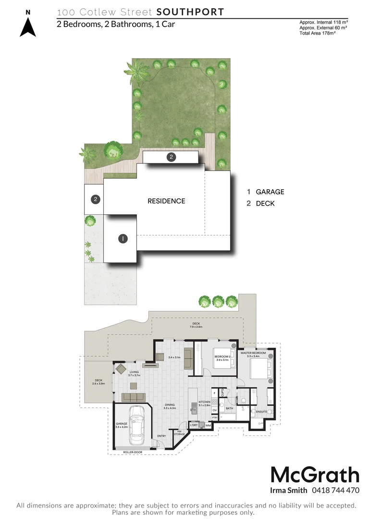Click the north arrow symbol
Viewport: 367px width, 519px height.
click(x=28, y=26)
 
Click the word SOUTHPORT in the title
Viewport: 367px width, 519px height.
click(x=191, y=12)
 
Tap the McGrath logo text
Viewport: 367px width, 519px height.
click(x=315, y=475)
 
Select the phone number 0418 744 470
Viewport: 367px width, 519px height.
click(x=335, y=491)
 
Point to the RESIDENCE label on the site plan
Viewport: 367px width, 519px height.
click(x=166, y=201)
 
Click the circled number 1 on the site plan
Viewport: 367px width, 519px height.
click(x=123, y=238)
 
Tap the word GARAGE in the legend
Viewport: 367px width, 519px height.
click(x=270, y=192)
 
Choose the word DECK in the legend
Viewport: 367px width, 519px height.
click(x=265, y=203)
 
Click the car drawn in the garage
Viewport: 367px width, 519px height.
click(x=137, y=425)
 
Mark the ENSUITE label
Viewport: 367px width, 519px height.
click(x=261, y=412)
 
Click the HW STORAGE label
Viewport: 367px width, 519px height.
click(x=179, y=432)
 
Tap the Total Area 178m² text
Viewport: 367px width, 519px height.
click(x=317, y=32)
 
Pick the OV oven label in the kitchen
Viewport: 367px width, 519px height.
click(x=215, y=410)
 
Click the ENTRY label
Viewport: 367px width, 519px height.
click(x=161, y=436)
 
